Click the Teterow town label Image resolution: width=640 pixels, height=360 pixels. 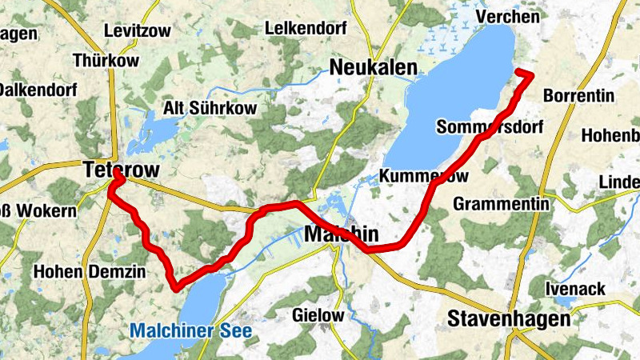coord(121,170)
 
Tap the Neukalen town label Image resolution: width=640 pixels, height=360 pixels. coord(374,66)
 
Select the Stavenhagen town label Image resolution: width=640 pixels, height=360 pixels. coord(510,318)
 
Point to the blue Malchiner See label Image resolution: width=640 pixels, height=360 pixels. coord(190,330)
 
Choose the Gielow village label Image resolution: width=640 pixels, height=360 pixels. coord(318,315)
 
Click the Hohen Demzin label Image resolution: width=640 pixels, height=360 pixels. coord(90,272)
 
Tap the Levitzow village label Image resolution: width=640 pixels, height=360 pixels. coord(137,31)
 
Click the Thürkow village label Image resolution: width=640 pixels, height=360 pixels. coord(106,60)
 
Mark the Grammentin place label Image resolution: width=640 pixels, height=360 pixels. coord(501,204)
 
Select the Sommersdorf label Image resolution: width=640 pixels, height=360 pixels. coord(490,127)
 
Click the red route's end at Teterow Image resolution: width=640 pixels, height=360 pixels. coord(116,173)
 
